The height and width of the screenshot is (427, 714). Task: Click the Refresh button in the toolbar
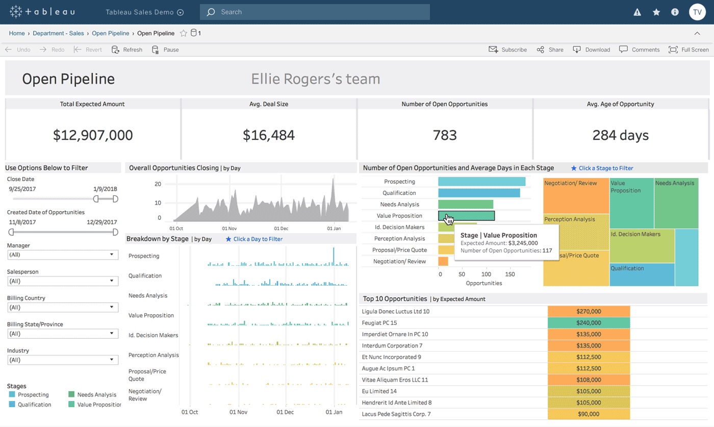tap(127, 49)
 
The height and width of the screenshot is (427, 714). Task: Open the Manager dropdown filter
tap(63, 255)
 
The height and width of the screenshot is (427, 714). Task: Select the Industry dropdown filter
tap(63, 360)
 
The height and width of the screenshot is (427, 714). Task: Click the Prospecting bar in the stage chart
tap(481, 182)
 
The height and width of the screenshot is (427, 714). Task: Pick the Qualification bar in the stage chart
tap(479, 193)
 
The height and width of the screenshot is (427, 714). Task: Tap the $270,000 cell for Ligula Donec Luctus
tap(589, 311)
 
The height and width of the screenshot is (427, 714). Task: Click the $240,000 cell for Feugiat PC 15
tap(589, 323)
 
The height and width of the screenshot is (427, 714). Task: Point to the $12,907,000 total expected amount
tap(93, 135)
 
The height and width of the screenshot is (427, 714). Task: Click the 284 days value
tap(620, 135)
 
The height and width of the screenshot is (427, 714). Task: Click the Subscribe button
tap(507, 49)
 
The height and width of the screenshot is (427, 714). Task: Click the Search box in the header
tap(315, 12)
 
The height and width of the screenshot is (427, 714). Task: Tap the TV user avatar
tap(697, 12)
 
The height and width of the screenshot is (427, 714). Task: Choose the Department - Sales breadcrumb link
tap(58, 33)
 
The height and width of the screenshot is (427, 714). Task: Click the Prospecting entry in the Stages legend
tap(33, 395)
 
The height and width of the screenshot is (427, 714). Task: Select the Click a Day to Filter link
tap(258, 239)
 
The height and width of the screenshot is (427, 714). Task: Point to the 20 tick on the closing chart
tap(158, 184)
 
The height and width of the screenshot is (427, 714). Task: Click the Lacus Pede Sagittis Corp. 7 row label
tap(396, 414)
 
